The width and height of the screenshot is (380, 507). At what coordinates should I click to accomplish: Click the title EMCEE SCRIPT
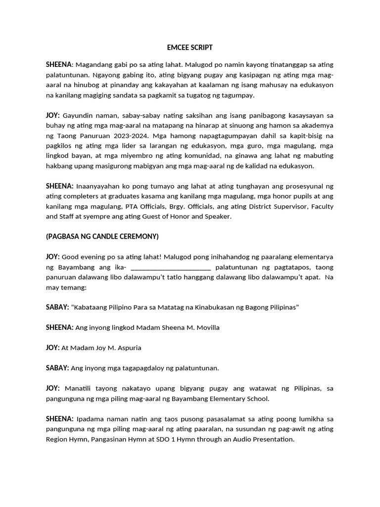(x=190, y=48)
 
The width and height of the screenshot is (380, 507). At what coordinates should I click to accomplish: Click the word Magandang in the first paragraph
(x=94, y=65)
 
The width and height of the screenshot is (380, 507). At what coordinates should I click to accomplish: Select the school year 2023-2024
(x=134, y=135)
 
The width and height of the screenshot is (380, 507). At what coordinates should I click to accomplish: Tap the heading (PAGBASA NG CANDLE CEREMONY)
(x=102, y=236)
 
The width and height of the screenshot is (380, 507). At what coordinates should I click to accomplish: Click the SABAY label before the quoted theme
(x=57, y=307)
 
